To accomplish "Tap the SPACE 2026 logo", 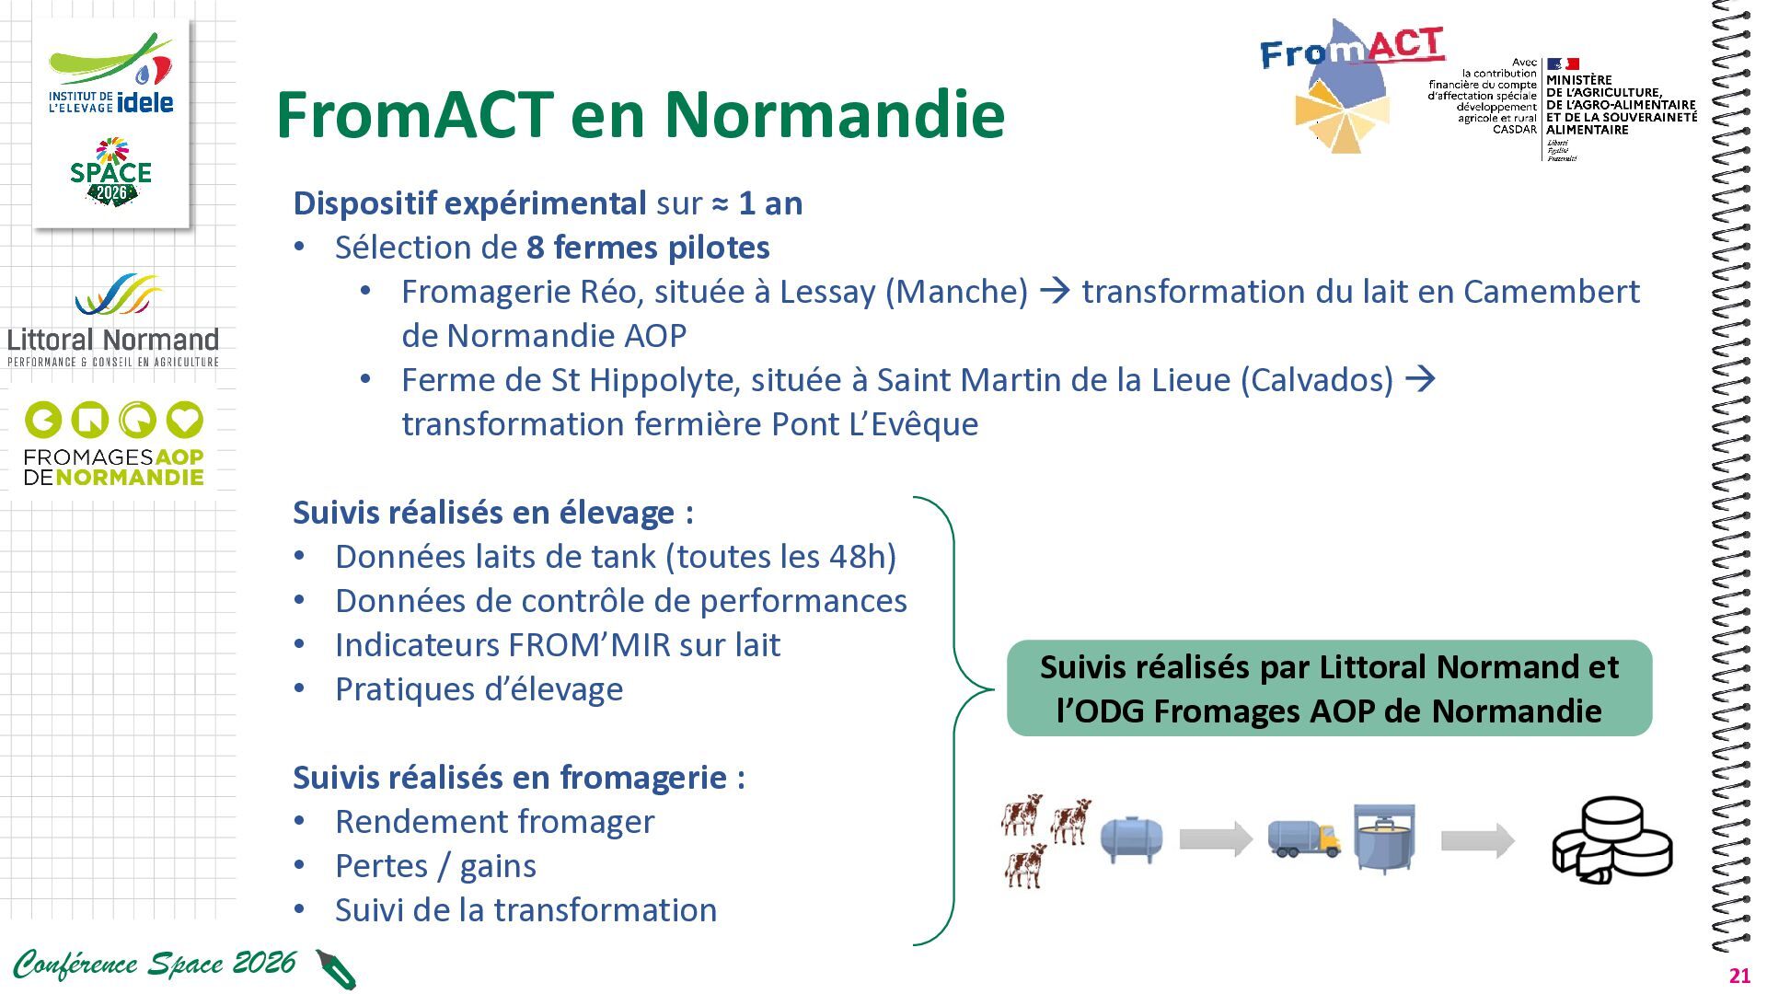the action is tap(110, 172).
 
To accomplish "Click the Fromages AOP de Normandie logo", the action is tap(114, 444).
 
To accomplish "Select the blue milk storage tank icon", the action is tap(1131, 838).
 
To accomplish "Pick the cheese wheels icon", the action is tap(1612, 839).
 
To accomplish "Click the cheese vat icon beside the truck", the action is tap(1384, 838).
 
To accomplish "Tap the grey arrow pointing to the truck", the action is tap(1216, 838).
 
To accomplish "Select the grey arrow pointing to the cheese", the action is tap(1478, 839).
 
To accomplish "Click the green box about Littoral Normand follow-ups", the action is tap(1329, 688).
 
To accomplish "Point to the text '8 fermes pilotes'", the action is tap(648, 248).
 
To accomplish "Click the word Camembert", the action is tap(1552, 292).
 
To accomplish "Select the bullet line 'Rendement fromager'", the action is tap(494, 822).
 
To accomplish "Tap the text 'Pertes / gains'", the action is tap(435, 866).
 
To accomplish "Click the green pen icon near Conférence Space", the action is tap(335, 969).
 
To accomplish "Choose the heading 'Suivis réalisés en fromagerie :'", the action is tap(519, 778).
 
